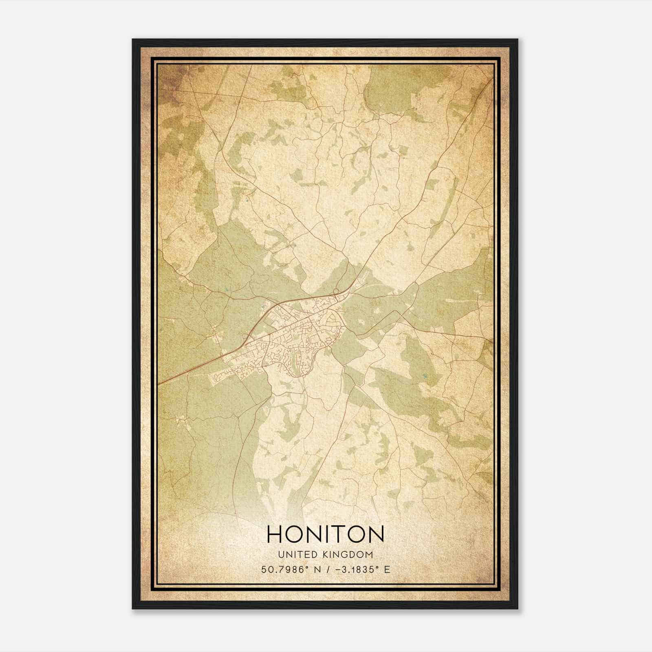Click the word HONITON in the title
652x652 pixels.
[325, 534]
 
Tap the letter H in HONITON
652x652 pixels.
[276, 534]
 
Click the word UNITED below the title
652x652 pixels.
[295, 555]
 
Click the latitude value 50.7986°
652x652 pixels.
[284, 569]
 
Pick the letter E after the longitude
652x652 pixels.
[387, 569]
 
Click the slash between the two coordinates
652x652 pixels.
[327, 569]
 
